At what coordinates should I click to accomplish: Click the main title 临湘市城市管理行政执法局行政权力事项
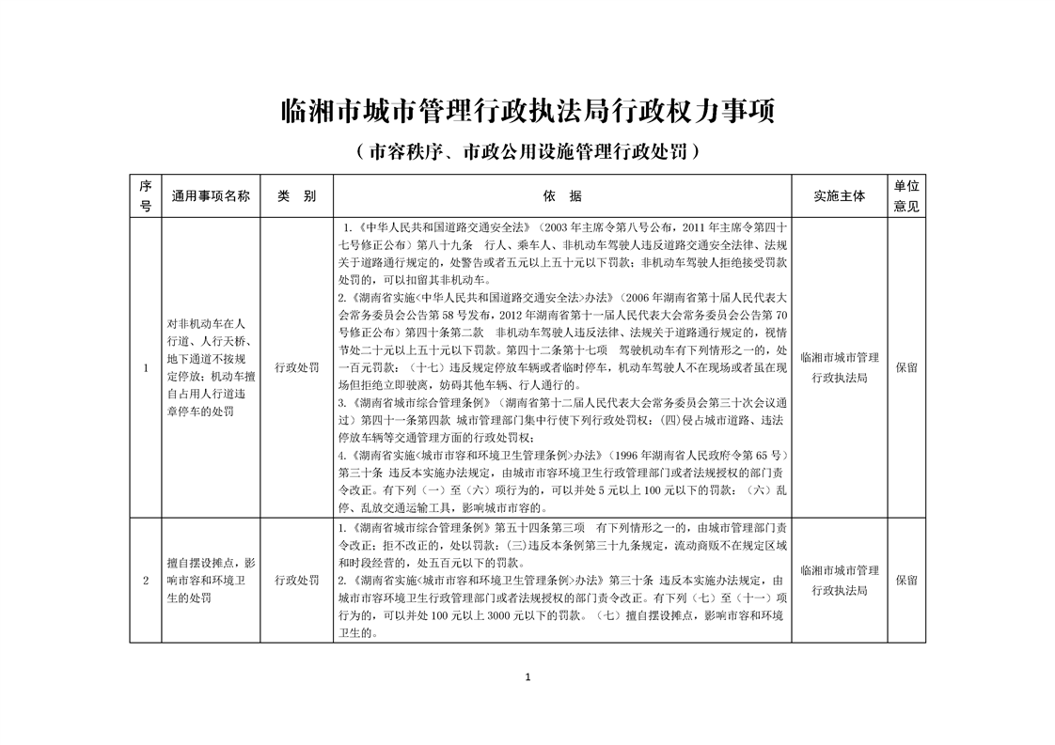point(527,113)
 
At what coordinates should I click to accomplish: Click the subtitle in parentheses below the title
point(527,150)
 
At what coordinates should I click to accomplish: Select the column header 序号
point(146,196)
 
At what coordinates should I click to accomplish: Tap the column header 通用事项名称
point(211,196)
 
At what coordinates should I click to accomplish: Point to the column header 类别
point(296,196)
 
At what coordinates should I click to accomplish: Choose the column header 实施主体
point(839,196)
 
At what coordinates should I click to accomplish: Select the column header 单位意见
point(906,196)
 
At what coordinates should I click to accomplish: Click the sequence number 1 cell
point(146,367)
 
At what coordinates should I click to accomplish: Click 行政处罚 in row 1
point(296,367)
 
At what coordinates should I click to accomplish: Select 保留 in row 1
point(906,367)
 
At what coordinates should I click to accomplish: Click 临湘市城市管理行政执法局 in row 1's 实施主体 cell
point(839,367)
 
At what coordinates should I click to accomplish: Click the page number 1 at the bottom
point(528,677)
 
